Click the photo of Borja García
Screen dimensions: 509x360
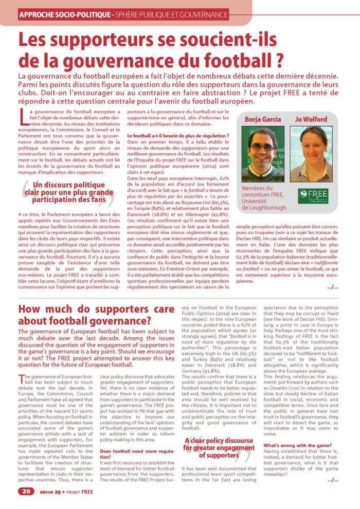point(262,154)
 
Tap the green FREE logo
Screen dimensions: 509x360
point(313,195)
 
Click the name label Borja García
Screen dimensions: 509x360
point(262,119)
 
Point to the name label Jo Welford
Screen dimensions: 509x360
point(311,119)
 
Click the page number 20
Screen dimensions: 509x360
point(26,491)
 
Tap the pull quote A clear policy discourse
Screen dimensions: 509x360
point(218,448)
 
